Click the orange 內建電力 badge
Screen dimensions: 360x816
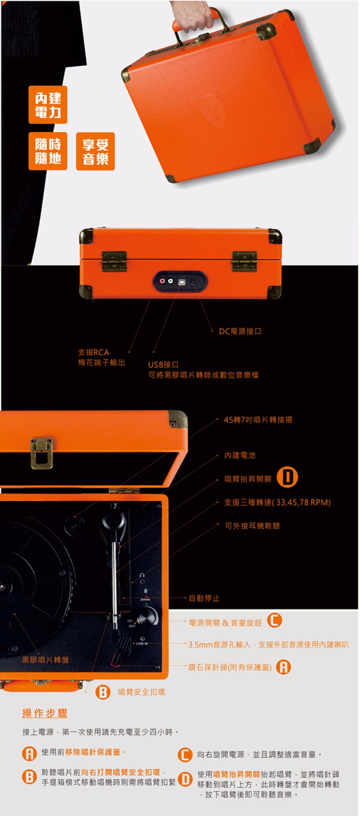pyautogui.click(x=48, y=105)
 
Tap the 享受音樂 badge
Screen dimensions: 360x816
pyautogui.click(x=95, y=151)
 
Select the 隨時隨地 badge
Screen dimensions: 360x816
pyautogui.click(x=48, y=151)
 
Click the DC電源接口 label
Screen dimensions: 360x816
pyautogui.click(x=240, y=331)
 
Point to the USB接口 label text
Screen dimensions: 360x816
pyautogui.click(x=163, y=364)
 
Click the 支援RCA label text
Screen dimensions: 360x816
pyautogui.click(x=93, y=352)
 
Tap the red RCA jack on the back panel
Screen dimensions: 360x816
pyautogui.click(x=163, y=281)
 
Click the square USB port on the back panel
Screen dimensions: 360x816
pyautogui.click(x=182, y=282)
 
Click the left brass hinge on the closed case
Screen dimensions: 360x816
pyautogui.click(x=114, y=261)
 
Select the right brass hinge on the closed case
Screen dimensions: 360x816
pyautogui.click(x=244, y=261)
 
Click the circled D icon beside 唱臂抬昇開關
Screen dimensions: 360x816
pyautogui.click(x=287, y=477)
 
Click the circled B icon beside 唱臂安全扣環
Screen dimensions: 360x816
pyautogui.click(x=103, y=692)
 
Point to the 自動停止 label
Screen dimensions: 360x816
pyautogui.click(x=204, y=598)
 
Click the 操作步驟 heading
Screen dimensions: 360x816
pyautogui.click(x=45, y=713)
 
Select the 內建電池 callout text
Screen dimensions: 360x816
pyautogui.click(x=240, y=455)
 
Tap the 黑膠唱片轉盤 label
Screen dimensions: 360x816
pyautogui.click(x=45, y=660)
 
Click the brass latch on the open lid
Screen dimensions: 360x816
pyautogui.click(x=42, y=453)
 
